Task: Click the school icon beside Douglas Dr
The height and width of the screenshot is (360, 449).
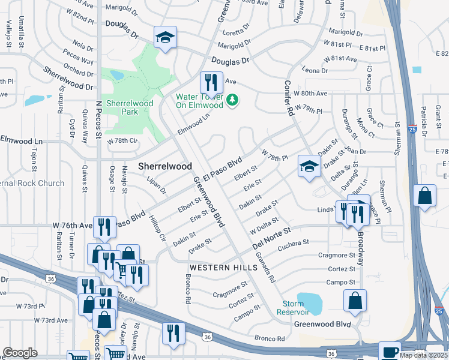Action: tap(164, 37)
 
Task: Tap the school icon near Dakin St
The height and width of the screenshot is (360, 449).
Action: tap(309, 167)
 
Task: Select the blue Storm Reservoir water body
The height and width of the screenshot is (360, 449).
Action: tap(309, 300)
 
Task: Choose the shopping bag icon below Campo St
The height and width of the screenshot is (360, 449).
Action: tap(355, 300)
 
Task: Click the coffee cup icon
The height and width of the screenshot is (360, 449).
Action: tap(390, 352)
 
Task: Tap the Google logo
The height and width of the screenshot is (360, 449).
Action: tap(20, 353)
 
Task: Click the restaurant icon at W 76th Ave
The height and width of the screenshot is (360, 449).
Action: tap(104, 226)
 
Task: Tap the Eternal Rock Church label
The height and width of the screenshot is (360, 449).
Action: tap(30, 183)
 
